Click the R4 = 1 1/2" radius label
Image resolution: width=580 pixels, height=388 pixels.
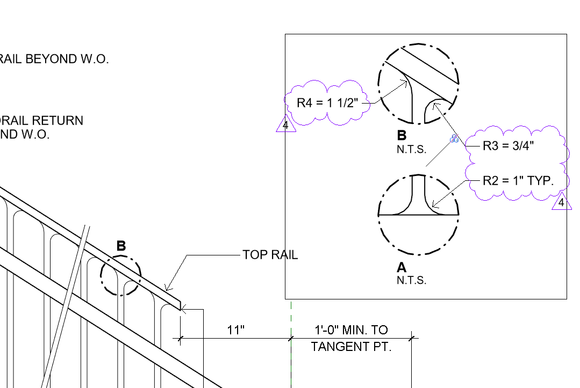(328, 103)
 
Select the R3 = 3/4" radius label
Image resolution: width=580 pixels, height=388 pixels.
(509, 145)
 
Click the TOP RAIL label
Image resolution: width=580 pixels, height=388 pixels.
(270, 255)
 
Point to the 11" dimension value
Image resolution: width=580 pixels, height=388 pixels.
(235, 330)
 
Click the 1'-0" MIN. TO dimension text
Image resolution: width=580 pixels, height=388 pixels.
(351, 330)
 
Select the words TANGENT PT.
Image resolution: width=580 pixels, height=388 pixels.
(351, 347)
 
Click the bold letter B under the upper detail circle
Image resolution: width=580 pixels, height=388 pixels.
(402, 136)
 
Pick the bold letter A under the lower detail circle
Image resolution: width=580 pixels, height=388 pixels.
(402, 267)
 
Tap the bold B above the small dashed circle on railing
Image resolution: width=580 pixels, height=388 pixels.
(121, 246)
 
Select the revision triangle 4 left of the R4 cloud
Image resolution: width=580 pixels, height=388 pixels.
(286, 126)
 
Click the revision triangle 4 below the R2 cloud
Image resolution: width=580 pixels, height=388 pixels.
(561, 202)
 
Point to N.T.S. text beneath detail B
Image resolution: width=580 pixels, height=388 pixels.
(411, 150)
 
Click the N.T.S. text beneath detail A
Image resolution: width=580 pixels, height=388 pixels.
(411, 280)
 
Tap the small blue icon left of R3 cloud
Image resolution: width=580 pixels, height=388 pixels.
(455, 139)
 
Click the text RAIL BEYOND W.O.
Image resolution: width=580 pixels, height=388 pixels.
(54, 59)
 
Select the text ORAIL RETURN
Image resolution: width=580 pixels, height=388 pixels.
(42, 121)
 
